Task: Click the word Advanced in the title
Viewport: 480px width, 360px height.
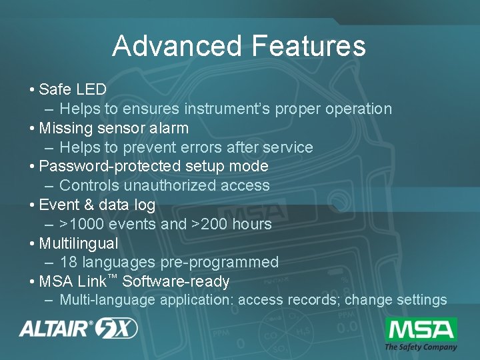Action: point(177,46)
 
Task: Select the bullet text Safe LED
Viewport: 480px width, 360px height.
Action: point(73,89)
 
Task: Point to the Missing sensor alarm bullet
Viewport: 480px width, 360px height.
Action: point(113,128)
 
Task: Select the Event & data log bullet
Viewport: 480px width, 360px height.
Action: point(97,205)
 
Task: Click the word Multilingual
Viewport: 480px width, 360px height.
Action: point(79,243)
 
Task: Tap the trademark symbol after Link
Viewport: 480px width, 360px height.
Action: point(113,277)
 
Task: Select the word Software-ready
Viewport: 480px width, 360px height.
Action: point(176,281)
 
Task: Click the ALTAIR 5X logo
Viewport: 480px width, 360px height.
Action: point(78,328)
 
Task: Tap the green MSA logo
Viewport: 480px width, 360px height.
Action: point(421,329)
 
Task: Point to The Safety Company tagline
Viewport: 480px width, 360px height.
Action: point(421,347)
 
